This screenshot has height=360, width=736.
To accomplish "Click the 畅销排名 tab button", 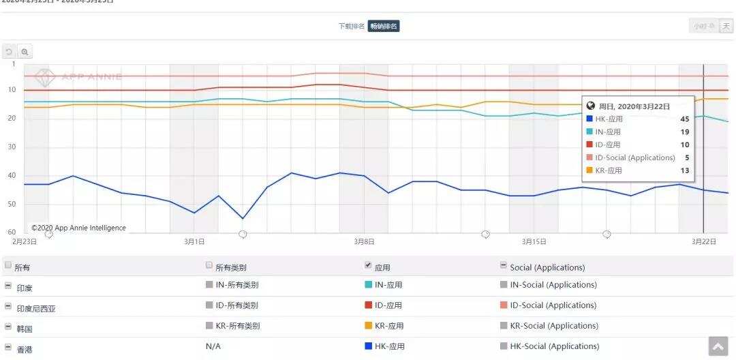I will [384, 27].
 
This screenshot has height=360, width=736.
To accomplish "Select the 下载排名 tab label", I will [352, 27].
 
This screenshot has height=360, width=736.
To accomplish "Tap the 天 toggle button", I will [726, 27].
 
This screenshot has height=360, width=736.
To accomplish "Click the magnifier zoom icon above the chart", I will [25, 52].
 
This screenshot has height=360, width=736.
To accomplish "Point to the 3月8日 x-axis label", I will [363, 241].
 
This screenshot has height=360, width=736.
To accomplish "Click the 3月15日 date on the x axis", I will [534, 241].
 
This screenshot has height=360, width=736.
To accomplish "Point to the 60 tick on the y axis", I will [12, 232].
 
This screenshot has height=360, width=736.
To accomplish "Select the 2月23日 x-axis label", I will [25, 241].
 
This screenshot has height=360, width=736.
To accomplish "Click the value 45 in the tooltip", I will [684, 119].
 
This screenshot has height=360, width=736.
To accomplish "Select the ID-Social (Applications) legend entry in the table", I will [553, 305].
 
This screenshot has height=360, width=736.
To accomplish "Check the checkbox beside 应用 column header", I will [369, 265].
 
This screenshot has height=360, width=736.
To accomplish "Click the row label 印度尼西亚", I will [35, 308].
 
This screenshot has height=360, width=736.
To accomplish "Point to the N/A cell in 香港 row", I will [213, 346].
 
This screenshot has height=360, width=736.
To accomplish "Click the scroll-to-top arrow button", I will [718, 346].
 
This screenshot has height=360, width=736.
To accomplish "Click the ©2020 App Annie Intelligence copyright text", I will [78, 228].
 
